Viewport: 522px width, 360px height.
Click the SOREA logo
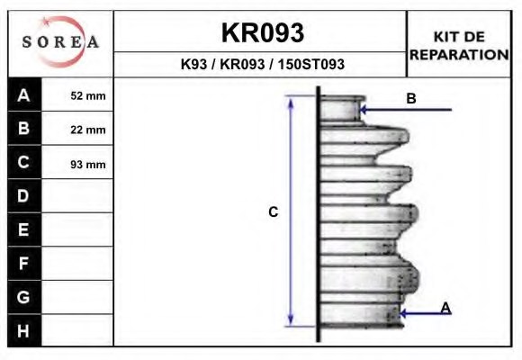point(61,43)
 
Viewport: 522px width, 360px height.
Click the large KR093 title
point(262,32)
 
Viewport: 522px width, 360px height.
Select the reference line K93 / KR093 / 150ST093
point(262,65)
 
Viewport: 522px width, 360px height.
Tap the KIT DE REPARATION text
point(459,45)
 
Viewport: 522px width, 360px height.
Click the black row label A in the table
point(24,95)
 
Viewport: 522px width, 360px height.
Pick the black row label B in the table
point(24,129)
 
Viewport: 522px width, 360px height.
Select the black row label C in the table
point(24,163)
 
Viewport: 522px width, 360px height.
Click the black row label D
point(24,196)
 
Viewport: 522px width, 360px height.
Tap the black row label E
point(24,230)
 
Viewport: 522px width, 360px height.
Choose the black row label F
point(24,264)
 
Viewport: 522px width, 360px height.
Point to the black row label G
point(24,297)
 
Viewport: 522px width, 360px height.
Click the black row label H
point(24,330)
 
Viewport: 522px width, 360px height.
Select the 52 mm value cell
point(88,95)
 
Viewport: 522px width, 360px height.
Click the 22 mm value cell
point(88,130)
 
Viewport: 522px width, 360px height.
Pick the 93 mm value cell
point(88,164)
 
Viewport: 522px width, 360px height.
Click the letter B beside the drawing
point(411,99)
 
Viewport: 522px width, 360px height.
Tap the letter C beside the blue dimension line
point(273,212)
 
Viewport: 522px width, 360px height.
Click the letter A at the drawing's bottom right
point(445,308)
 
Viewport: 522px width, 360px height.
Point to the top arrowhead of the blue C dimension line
point(291,100)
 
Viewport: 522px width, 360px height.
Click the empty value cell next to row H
point(78,330)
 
